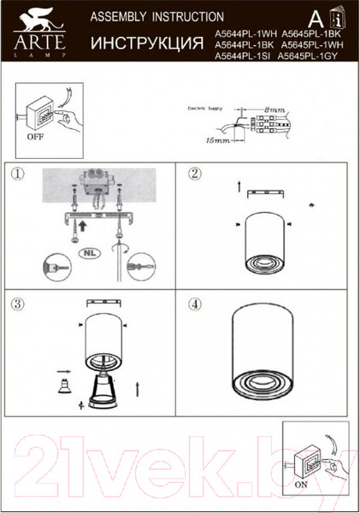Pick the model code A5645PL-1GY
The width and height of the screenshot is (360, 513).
pos(310,54)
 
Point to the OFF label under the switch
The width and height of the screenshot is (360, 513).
pos(36,136)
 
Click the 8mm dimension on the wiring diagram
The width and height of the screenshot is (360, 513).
pos(274,110)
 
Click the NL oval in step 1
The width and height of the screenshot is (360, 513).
pos(88,254)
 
